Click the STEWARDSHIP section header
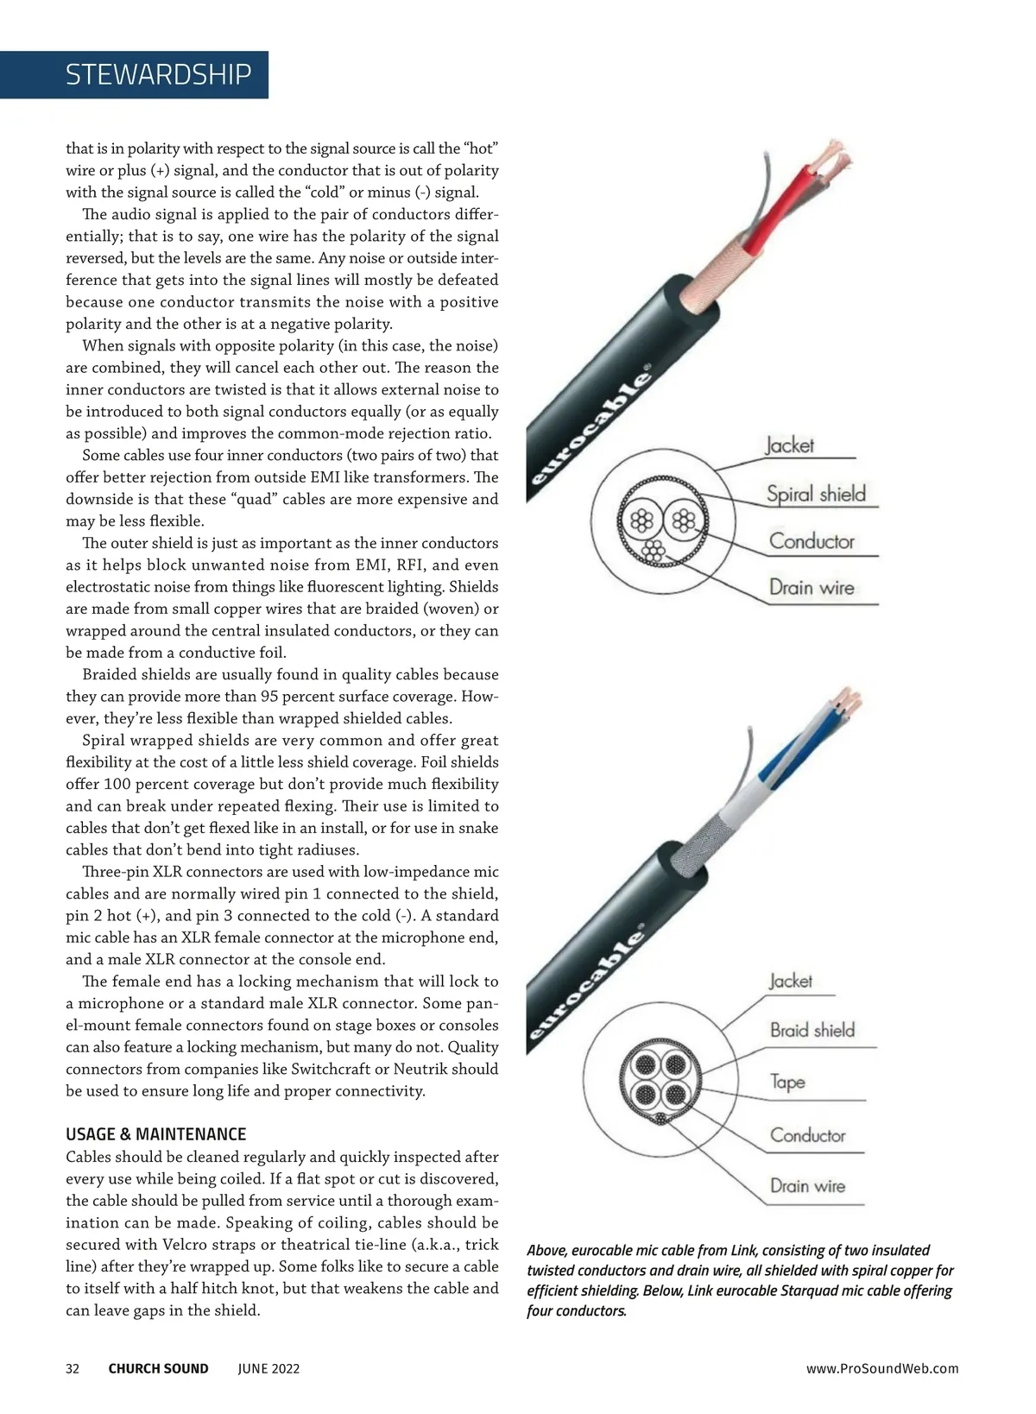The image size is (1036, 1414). click(158, 75)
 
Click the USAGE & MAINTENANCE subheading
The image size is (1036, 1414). click(155, 1134)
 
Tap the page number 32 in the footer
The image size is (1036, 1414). click(73, 1368)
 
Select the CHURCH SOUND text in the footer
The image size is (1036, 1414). click(158, 1368)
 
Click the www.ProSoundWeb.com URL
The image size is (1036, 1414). click(881, 1368)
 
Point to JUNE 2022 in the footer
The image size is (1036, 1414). click(268, 1368)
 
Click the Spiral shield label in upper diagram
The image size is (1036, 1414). click(816, 495)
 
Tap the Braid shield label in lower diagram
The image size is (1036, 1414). click(812, 1030)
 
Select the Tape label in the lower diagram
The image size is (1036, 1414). click(787, 1083)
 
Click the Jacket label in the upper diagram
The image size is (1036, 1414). click(789, 445)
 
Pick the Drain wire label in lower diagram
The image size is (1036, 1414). click(807, 1186)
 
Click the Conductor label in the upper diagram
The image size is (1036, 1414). click(812, 541)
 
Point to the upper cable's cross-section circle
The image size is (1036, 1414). click(662, 521)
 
